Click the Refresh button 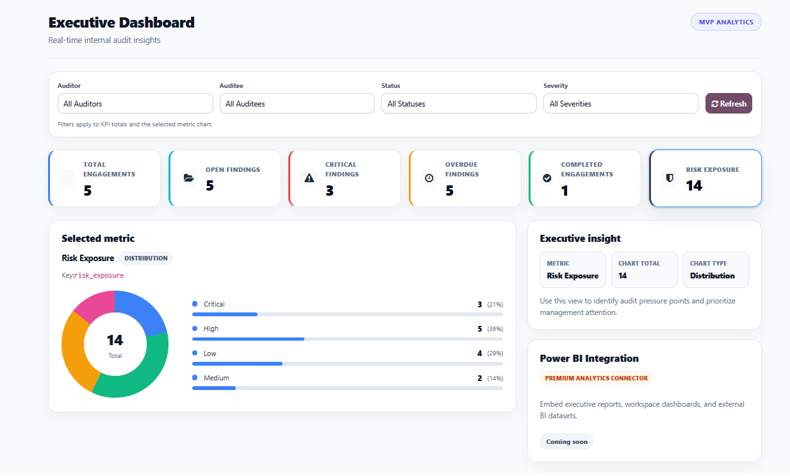click(728, 103)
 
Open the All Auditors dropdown click(135, 103)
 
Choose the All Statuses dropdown click(459, 103)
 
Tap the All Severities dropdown click(620, 103)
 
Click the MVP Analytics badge click(726, 22)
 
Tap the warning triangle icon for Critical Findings click(309, 178)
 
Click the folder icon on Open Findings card click(188, 178)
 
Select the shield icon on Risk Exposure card click(670, 178)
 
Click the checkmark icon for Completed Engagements click(547, 178)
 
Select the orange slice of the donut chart click(74, 353)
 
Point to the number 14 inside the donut click(115, 340)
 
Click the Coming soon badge click(566, 441)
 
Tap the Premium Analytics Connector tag click(596, 378)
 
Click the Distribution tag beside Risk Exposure click(146, 258)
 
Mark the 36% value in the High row click(495, 328)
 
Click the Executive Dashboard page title click(121, 22)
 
